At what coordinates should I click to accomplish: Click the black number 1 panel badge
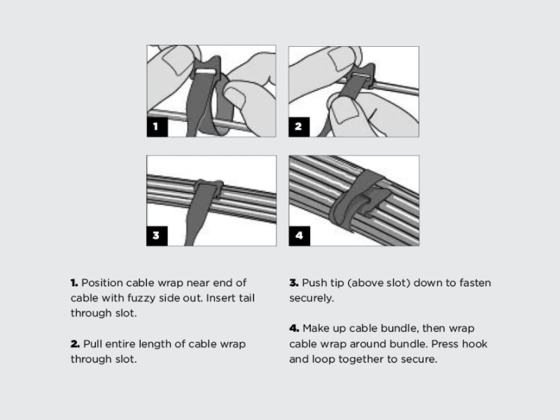157,127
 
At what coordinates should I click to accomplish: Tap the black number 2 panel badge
299,127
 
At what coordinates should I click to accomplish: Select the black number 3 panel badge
157,236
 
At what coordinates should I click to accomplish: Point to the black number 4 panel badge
300,236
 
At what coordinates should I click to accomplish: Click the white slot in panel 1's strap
206,72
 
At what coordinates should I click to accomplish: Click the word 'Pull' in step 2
92,344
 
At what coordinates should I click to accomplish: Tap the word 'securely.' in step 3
311,298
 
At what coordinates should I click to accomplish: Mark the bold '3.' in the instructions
294,283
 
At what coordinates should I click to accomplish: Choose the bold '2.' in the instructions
76,344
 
